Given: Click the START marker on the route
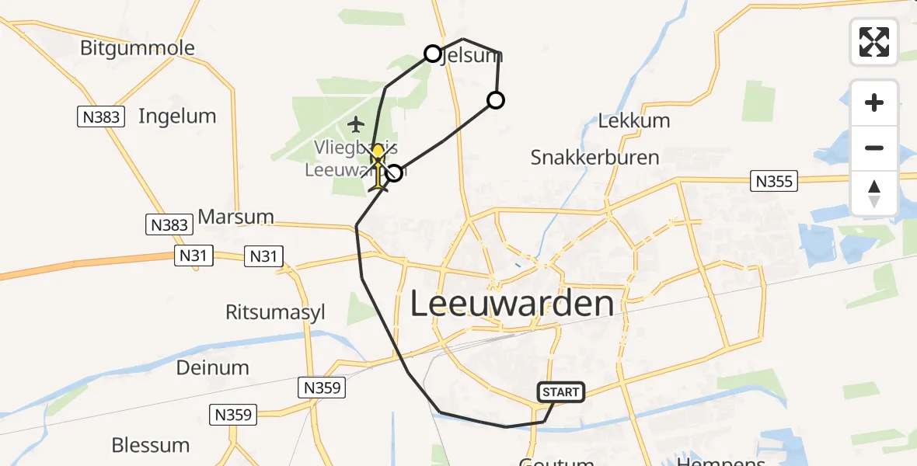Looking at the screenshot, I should pyautogui.click(x=561, y=392).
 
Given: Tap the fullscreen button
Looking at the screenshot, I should pyautogui.click(x=874, y=42).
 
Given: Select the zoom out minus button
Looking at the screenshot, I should pyautogui.click(x=874, y=148).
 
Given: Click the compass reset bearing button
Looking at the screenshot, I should pyautogui.click(x=874, y=193).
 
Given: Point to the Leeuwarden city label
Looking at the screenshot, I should pyautogui.click(x=511, y=304).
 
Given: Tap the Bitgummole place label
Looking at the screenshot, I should pyautogui.click(x=138, y=48).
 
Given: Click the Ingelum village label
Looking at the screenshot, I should pyautogui.click(x=177, y=116).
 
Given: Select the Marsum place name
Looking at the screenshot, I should pyautogui.click(x=236, y=216).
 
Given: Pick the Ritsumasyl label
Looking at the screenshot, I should pyautogui.click(x=275, y=312).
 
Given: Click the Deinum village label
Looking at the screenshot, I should pyautogui.click(x=213, y=367).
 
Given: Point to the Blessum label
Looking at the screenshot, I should pyautogui.click(x=151, y=445).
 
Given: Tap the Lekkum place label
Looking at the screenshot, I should pyautogui.click(x=634, y=121).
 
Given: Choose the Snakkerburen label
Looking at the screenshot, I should pyautogui.click(x=594, y=158).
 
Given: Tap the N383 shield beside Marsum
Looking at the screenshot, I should pyautogui.click(x=169, y=225).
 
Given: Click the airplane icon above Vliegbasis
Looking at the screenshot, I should pyautogui.click(x=356, y=123).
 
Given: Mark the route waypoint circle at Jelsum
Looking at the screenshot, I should pyautogui.click(x=433, y=54).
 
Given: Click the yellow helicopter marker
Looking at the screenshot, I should pyautogui.click(x=378, y=165).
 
